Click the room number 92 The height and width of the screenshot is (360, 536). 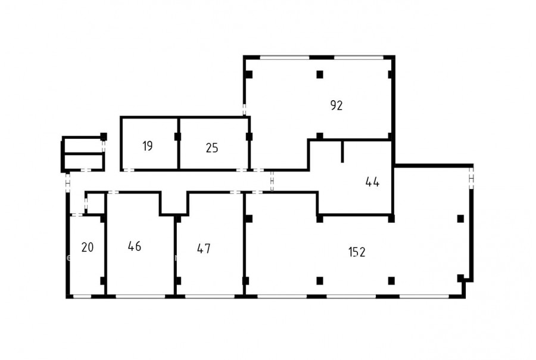point(336,105)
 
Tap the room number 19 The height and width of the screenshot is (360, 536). point(147,146)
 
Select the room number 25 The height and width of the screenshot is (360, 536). point(212,148)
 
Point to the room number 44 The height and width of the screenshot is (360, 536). point(372,182)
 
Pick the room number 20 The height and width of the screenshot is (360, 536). point(88,247)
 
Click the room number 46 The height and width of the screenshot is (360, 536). point(135,246)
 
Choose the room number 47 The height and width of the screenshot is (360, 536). point(204,249)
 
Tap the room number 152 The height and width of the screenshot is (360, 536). point(357,252)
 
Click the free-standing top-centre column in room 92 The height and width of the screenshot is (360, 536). point(320,75)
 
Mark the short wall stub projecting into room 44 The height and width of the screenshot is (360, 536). point(342,151)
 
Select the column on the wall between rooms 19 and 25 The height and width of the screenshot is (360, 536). point(177,136)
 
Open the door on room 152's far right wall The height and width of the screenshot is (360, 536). point(472,178)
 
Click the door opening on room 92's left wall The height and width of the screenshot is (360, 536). point(244,110)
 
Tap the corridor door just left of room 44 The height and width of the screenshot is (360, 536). point(272,181)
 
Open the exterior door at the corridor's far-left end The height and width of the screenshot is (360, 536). point(68,183)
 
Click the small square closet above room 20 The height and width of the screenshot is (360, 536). point(95,204)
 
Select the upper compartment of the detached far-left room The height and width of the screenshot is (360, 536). point(83,145)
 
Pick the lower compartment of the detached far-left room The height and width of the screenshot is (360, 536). point(84,162)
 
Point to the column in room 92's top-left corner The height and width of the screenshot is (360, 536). point(249,75)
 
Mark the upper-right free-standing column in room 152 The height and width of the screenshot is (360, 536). point(460,218)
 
